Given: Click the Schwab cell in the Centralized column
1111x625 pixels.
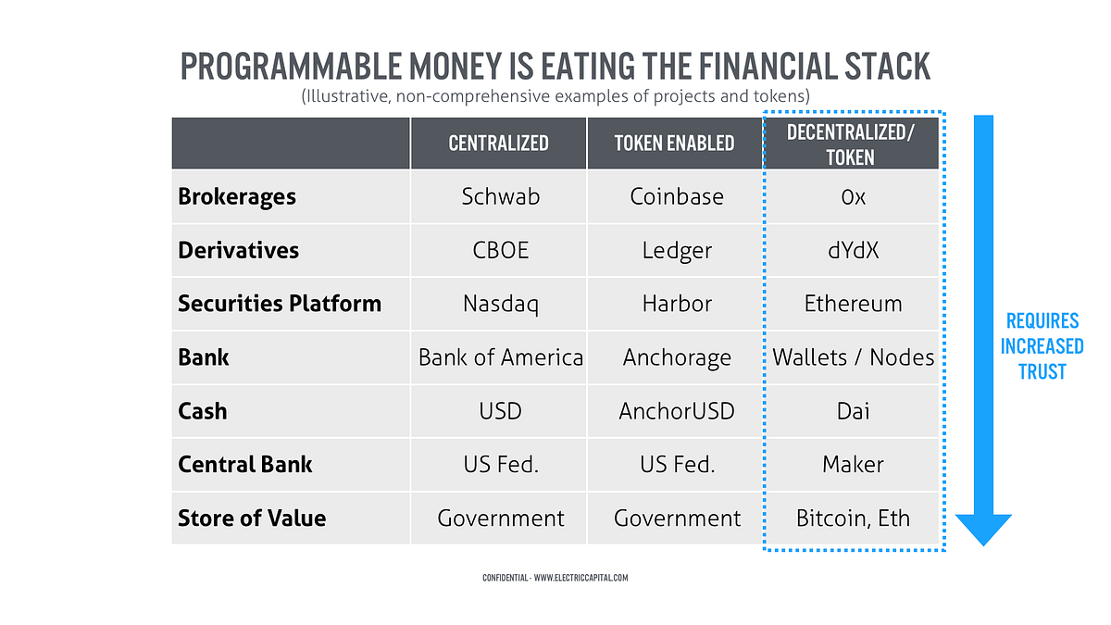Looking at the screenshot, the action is (x=498, y=196).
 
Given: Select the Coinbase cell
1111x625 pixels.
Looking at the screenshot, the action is (x=675, y=196).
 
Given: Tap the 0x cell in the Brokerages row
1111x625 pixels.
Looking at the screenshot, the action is (x=852, y=196).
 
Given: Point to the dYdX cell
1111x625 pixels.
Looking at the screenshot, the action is (x=852, y=250).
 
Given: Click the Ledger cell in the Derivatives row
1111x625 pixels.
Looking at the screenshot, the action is (x=675, y=250).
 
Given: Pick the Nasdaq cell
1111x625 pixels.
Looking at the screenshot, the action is (x=498, y=304).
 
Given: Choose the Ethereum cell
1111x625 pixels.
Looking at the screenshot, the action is (x=852, y=304).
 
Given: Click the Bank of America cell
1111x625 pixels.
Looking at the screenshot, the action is (x=498, y=357).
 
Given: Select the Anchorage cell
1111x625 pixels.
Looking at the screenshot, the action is (x=675, y=357).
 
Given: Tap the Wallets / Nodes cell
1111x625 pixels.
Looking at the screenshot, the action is (x=852, y=357).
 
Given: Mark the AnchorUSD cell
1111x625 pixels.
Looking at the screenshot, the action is (x=675, y=411).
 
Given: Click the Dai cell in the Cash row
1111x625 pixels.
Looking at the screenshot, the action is (x=852, y=411).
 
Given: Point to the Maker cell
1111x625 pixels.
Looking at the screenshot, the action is (x=852, y=465).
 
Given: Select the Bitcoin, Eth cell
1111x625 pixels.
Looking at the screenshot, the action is (x=852, y=519).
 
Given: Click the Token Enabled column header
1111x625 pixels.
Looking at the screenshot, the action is (x=675, y=144).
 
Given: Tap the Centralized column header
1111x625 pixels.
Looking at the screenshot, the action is (x=498, y=144).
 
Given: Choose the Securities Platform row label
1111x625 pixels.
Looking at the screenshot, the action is (x=280, y=304).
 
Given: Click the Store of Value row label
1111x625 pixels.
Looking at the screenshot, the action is (x=252, y=519).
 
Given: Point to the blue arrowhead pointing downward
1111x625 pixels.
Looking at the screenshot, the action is (x=983, y=530).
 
